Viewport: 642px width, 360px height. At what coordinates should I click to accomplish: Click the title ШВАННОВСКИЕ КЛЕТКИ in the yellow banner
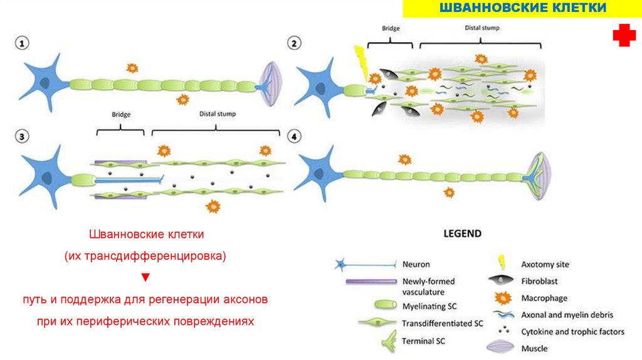click(x=524, y=8)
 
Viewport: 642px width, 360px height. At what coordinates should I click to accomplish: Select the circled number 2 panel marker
click(x=294, y=43)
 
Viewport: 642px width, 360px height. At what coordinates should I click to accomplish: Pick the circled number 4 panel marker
click(x=294, y=136)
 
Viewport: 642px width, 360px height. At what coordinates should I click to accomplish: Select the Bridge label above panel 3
click(x=120, y=115)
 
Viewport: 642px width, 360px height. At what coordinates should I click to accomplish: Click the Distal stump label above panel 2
click(x=482, y=28)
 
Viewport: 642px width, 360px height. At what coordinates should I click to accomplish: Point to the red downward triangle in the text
click(x=145, y=277)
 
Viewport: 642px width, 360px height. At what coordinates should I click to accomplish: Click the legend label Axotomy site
click(x=545, y=264)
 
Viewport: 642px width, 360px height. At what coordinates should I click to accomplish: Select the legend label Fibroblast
click(x=539, y=281)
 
